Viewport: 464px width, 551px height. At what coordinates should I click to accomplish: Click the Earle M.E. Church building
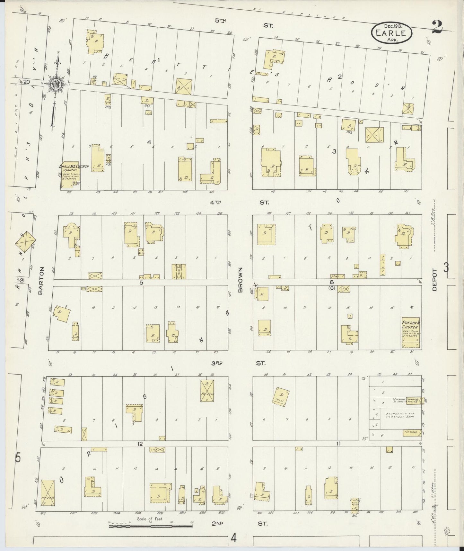70,175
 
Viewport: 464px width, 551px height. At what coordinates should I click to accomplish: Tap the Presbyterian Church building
411,333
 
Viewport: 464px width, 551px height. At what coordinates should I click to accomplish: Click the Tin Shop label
412,432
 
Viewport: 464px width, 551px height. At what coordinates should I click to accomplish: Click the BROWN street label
240,280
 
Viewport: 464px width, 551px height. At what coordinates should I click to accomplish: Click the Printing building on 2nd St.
355,509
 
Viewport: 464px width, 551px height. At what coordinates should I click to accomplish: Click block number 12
140,444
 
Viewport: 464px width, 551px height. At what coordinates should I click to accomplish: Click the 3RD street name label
217,363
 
